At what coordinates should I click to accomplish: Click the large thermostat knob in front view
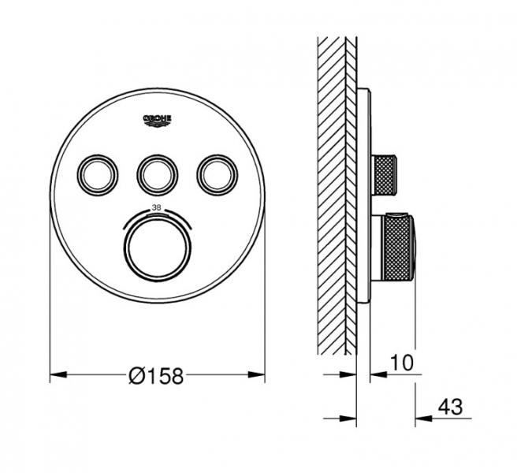[156, 245]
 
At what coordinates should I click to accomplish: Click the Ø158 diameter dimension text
[155, 377]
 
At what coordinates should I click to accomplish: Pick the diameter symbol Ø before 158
[135, 377]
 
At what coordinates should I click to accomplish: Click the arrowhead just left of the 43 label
[421, 418]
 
